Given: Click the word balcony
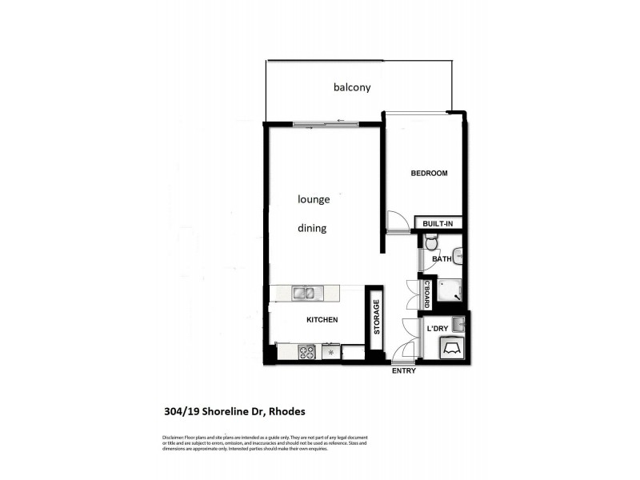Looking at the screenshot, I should pos(353,87).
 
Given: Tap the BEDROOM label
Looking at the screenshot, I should pos(429,174).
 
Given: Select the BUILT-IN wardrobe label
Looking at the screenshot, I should pos(438,223).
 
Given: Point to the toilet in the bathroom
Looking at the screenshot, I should pos(431,241).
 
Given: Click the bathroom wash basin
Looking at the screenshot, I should pos(458,257).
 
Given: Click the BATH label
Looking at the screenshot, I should pos(442,259).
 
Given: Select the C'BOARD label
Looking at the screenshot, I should pos(427,294).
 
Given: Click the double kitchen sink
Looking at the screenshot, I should pos(304,293).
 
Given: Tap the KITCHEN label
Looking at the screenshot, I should pos(322,320).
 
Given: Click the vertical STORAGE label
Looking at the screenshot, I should pos(376,318).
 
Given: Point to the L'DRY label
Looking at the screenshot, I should pos(437,328).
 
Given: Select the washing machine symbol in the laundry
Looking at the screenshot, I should pos(451,348).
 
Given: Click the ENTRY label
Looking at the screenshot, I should pos(403,371).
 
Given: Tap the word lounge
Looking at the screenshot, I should pos(314,200).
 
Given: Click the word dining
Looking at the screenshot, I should pos(312,228).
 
